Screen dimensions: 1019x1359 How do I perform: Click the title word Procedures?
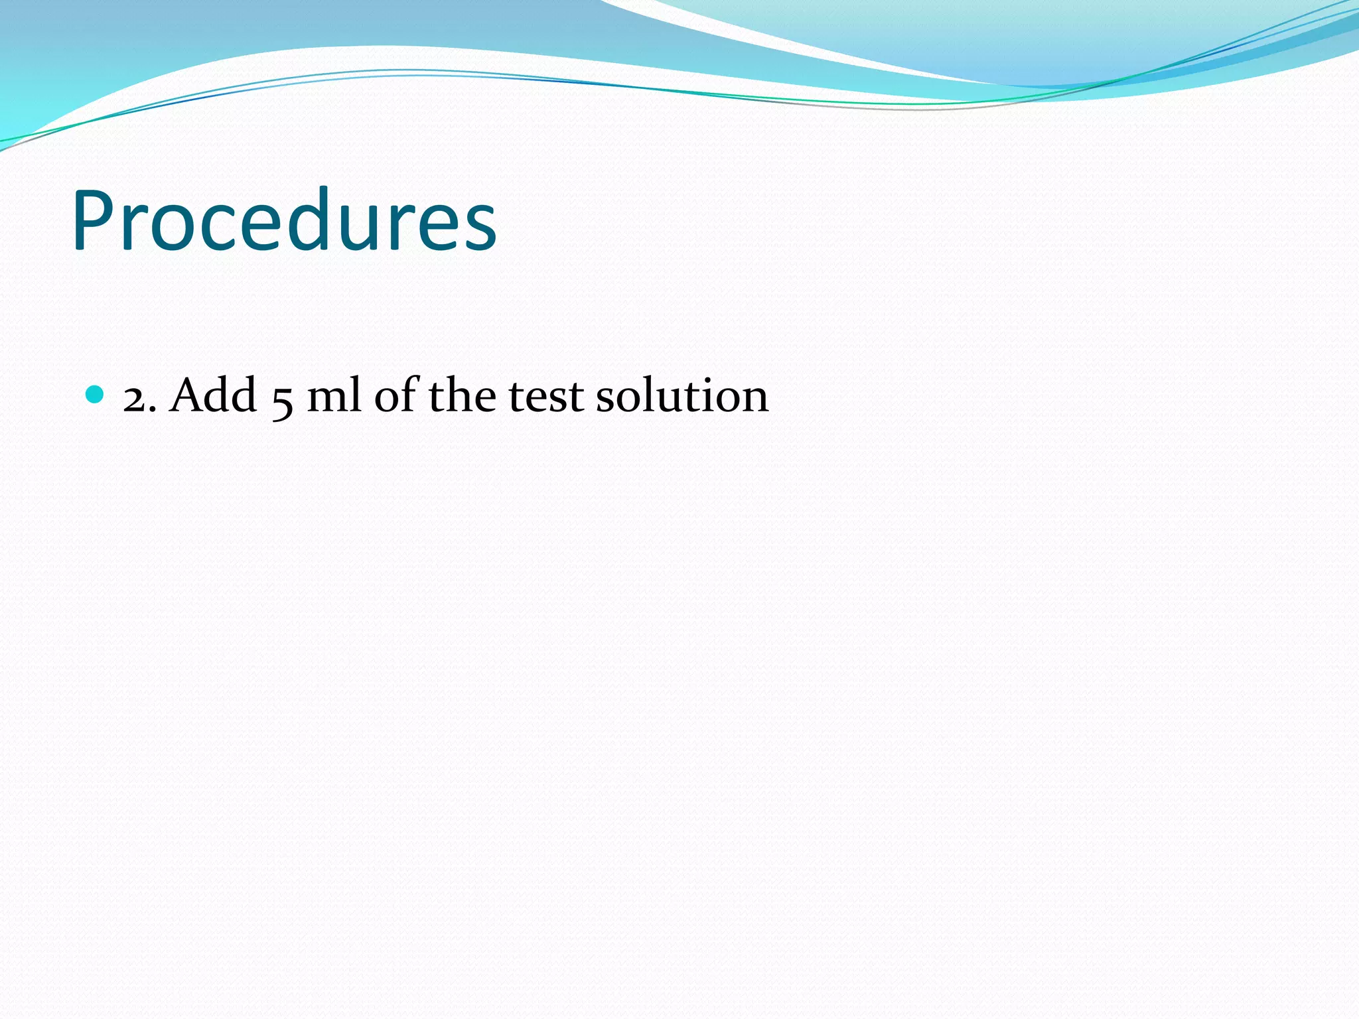pos(284,220)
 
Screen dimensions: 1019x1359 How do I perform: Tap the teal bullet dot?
pos(96,394)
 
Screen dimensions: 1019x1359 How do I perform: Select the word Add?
pos(213,395)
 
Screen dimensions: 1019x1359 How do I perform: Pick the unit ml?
pos(334,395)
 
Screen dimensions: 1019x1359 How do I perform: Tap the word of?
pos(396,395)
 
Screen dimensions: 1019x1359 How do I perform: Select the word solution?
pos(682,395)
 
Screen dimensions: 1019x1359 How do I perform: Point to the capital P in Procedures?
pos(94,220)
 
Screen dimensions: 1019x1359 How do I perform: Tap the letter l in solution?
pos(640,394)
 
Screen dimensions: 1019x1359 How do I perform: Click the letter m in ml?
pos(326,399)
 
